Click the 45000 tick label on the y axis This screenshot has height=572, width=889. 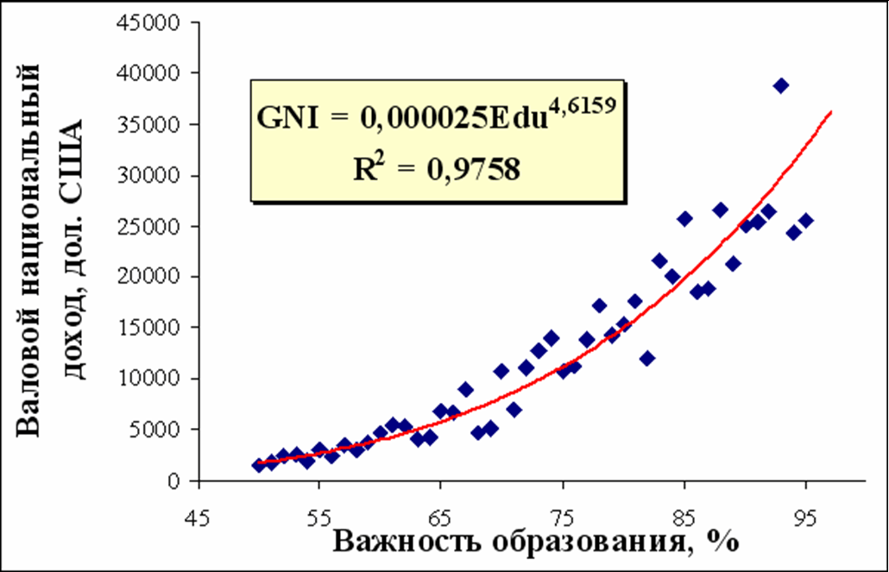coord(154,22)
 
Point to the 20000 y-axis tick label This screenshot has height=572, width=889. coord(154,277)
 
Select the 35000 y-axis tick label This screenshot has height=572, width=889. coord(154,124)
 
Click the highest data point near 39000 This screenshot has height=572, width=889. coord(781,85)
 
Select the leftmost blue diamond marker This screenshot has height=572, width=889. coord(258,465)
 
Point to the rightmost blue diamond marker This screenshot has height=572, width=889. coord(806,220)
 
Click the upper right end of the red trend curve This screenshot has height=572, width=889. coord(831,111)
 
